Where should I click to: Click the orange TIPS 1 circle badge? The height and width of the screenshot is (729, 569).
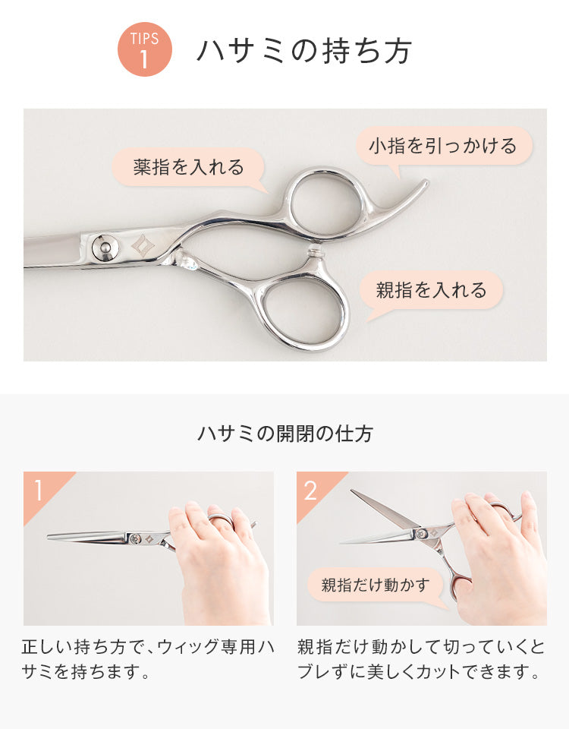[x=144, y=49]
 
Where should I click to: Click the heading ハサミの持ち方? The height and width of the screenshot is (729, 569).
[x=305, y=50]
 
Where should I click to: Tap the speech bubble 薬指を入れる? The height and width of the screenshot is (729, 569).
[x=188, y=167]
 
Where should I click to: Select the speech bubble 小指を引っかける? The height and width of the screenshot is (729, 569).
[x=443, y=146]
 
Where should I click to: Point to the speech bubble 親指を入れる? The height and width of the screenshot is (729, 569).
[x=432, y=290]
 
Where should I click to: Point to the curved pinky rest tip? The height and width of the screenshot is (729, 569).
[x=426, y=183]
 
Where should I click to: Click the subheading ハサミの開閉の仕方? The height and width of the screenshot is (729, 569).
[x=284, y=434]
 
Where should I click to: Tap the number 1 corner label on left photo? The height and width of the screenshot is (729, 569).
[x=39, y=490]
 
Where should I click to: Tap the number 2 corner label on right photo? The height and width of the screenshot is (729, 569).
[x=311, y=490]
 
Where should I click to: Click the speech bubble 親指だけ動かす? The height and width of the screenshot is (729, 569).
[x=376, y=585]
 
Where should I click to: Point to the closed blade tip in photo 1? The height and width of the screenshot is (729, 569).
[x=49, y=537]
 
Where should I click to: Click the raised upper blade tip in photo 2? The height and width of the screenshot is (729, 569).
[x=352, y=491]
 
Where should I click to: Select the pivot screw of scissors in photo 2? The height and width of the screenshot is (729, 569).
[x=422, y=534]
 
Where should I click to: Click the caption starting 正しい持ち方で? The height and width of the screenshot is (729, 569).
[x=148, y=659]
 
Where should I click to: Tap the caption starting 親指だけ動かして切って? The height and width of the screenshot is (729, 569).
[x=420, y=659]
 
